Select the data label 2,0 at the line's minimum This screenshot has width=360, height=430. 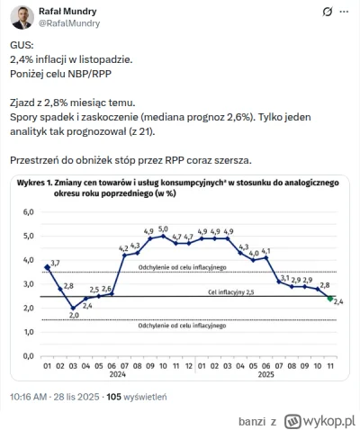(75, 315)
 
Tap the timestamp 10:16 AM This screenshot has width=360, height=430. (33, 396)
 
